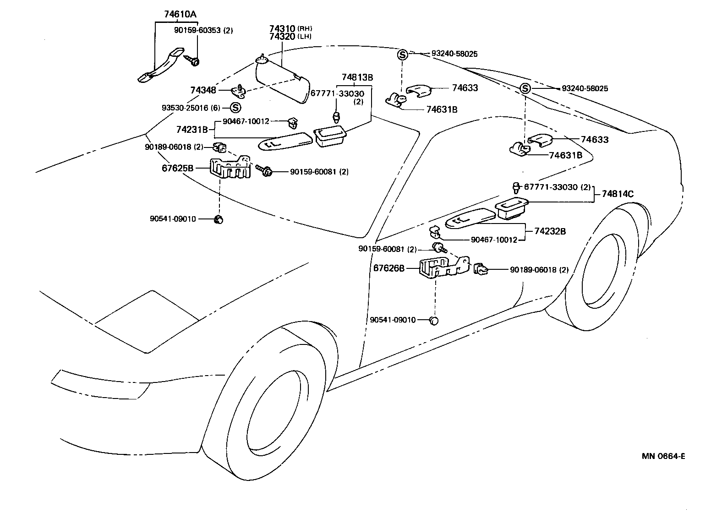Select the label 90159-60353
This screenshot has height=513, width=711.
click(198, 31)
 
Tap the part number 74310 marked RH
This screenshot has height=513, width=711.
click(282, 28)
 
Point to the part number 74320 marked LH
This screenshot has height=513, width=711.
click(282, 37)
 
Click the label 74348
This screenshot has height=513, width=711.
click(203, 91)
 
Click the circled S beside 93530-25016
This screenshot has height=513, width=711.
click(235, 108)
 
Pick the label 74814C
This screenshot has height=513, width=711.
click(617, 194)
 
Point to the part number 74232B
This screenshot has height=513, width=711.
click(550, 231)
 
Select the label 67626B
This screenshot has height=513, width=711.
click(389, 268)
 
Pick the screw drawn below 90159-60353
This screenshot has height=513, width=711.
click(192, 60)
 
